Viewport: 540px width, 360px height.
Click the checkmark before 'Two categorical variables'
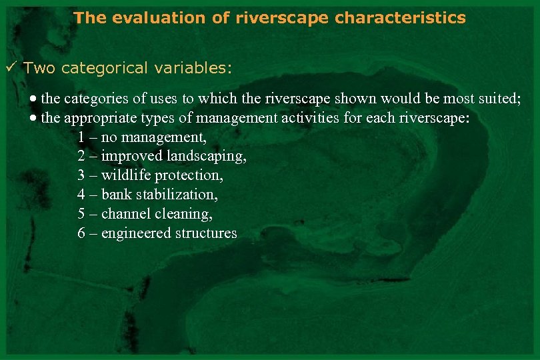click(x=11, y=67)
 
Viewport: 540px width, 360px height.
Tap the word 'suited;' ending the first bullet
click(x=499, y=99)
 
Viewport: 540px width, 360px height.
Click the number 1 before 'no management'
click(x=81, y=138)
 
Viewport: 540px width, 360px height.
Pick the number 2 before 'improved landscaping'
click(x=81, y=157)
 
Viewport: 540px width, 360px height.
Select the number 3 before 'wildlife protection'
click(x=81, y=176)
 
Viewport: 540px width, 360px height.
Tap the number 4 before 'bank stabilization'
click(x=81, y=195)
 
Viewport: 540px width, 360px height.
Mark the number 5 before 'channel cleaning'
click(x=81, y=214)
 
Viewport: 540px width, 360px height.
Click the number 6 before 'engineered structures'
click(x=81, y=233)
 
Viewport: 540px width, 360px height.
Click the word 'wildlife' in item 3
click(x=126, y=176)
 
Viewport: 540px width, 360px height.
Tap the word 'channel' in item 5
click(x=124, y=214)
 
